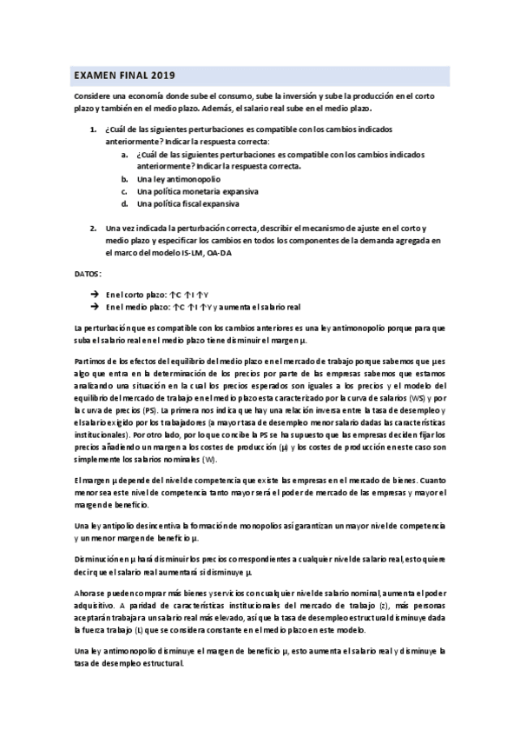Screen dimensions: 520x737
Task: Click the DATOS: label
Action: click(x=88, y=274)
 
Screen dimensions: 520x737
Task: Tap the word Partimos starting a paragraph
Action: click(x=91, y=361)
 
